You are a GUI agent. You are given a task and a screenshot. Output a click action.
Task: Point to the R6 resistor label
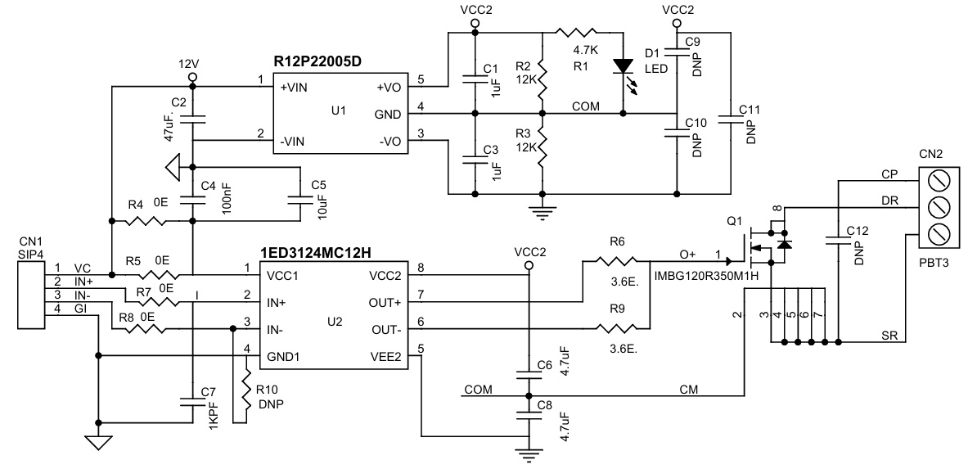[617, 242]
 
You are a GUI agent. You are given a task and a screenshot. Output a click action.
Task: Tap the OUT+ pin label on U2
[384, 303]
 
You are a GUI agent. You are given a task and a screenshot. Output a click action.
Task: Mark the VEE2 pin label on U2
[384, 358]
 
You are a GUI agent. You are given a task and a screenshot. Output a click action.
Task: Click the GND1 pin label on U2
[285, 358]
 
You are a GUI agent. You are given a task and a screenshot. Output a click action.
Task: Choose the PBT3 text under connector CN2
[933, 264]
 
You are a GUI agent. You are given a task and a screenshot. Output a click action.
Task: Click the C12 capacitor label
[858, 231]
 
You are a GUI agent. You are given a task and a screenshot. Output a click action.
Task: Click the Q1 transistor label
[734, 220]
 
